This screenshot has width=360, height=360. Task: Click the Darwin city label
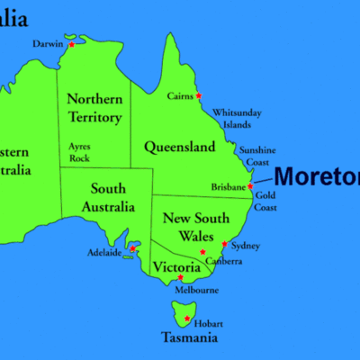point(48,43)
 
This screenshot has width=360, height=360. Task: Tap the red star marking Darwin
point(72,44)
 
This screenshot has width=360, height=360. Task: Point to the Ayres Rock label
point(79,152)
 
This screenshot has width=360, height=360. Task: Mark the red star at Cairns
point(199,96)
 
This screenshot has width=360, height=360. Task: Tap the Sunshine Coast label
point(256,156)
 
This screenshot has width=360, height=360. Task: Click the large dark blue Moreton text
point(316,176)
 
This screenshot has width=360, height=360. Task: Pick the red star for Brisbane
point(250,186)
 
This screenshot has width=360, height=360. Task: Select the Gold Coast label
point(265,200)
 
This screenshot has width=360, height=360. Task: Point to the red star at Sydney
point(224,243)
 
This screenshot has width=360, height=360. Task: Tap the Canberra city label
point(224,262)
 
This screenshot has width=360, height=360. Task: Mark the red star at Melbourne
point(181,277)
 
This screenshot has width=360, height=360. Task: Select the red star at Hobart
point(187,319)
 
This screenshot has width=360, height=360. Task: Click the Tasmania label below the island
point(188,338)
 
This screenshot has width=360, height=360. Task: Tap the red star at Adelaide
point(133,247)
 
